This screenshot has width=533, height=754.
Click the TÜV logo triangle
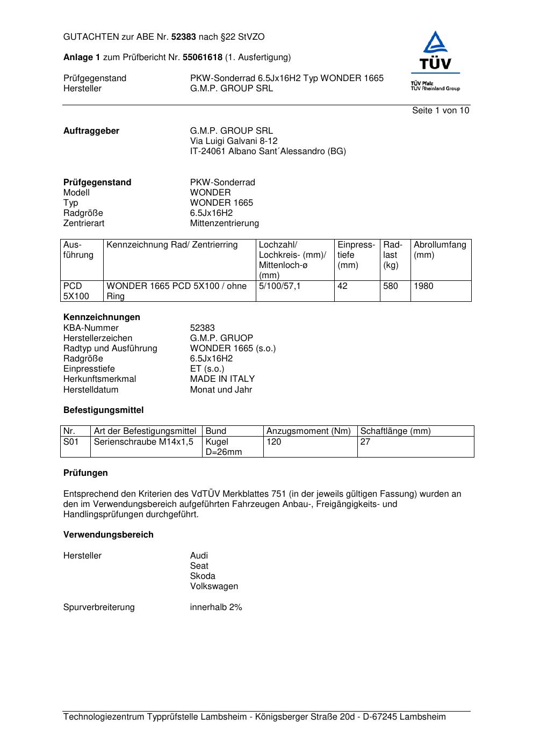coord(435,45)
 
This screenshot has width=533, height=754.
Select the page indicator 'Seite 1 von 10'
coord(440,111)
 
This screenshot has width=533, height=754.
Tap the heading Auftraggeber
coord(91,131)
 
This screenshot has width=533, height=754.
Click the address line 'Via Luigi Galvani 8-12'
coord(234,141)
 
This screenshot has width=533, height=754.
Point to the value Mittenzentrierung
coord(224,223)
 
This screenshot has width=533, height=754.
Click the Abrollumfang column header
coord(440,250)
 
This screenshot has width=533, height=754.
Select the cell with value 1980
coord(423,286)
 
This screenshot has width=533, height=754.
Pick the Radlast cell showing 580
coord(391,286)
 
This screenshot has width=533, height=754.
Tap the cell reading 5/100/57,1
coord(280,286)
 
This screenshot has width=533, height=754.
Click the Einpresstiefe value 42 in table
coord(342,286)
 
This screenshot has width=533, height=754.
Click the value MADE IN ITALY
coord(222,379)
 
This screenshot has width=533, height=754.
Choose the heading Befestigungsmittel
coord(103,410)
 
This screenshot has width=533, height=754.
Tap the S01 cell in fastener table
coord(71,442)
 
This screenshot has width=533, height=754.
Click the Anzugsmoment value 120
coord(273,442)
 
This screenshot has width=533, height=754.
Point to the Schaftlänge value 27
coord(365,442)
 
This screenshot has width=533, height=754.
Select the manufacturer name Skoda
coord(203,576)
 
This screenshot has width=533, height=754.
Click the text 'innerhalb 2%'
coord(216,607)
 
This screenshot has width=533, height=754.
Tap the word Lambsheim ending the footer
coord(422,717)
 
